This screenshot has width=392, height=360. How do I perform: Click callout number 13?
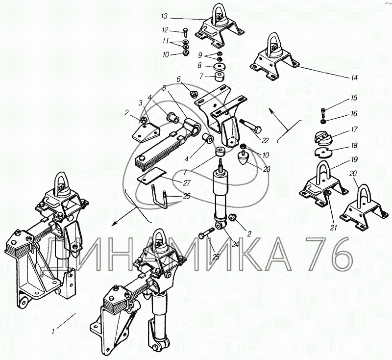[164, 17]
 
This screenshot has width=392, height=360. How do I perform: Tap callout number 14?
[354, 77]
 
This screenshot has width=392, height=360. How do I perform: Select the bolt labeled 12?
[186, 32]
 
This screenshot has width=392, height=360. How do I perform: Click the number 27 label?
[187, 183]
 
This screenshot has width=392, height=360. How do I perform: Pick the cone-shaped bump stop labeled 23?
[243, 157]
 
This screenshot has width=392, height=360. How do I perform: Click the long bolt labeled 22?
[250, 127]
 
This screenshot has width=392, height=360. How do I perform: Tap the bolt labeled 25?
[206, 232]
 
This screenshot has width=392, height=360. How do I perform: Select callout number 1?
[53, 332]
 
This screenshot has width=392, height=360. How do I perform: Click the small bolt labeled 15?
[323, 113]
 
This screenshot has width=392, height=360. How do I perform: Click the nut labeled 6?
[193, 94]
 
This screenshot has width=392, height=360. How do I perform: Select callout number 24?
[235, 244]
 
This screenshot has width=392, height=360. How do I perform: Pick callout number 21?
[334, 228]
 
